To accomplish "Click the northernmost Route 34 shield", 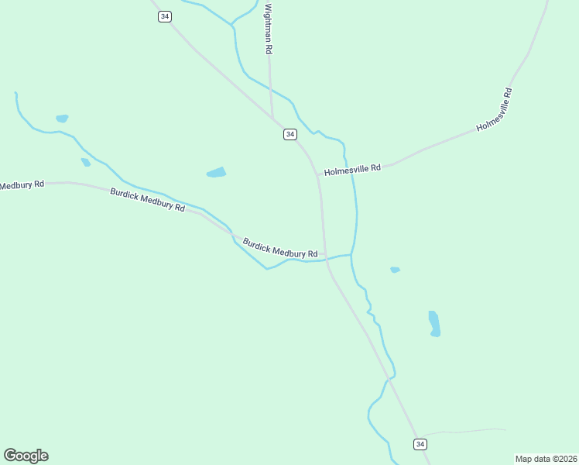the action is pos(164,16).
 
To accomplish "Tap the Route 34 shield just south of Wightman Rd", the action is pos(289,134).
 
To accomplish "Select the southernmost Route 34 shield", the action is pos(420,444).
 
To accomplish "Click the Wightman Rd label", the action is pos(269,29).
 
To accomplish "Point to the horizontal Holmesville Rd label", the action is pos(353,168).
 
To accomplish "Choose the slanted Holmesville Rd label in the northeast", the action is pos(495,110).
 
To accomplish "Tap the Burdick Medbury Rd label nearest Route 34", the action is pos(280,248).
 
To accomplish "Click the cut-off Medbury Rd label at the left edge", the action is pos(22,184).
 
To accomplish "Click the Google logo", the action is pos(26,456).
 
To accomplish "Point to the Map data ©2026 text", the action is pos(546,459).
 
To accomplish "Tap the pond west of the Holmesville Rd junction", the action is pos(217,172).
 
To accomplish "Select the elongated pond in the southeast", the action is pos(434,323).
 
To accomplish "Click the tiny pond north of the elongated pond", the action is pos(395,270).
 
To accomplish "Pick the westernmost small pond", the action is pos(62,119).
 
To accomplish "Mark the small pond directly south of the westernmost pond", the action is pos(85,162).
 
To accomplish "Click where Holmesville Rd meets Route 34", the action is pos(317,174).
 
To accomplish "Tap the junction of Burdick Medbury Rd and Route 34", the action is pos(325,257).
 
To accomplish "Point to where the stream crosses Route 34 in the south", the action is pos(389,381).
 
